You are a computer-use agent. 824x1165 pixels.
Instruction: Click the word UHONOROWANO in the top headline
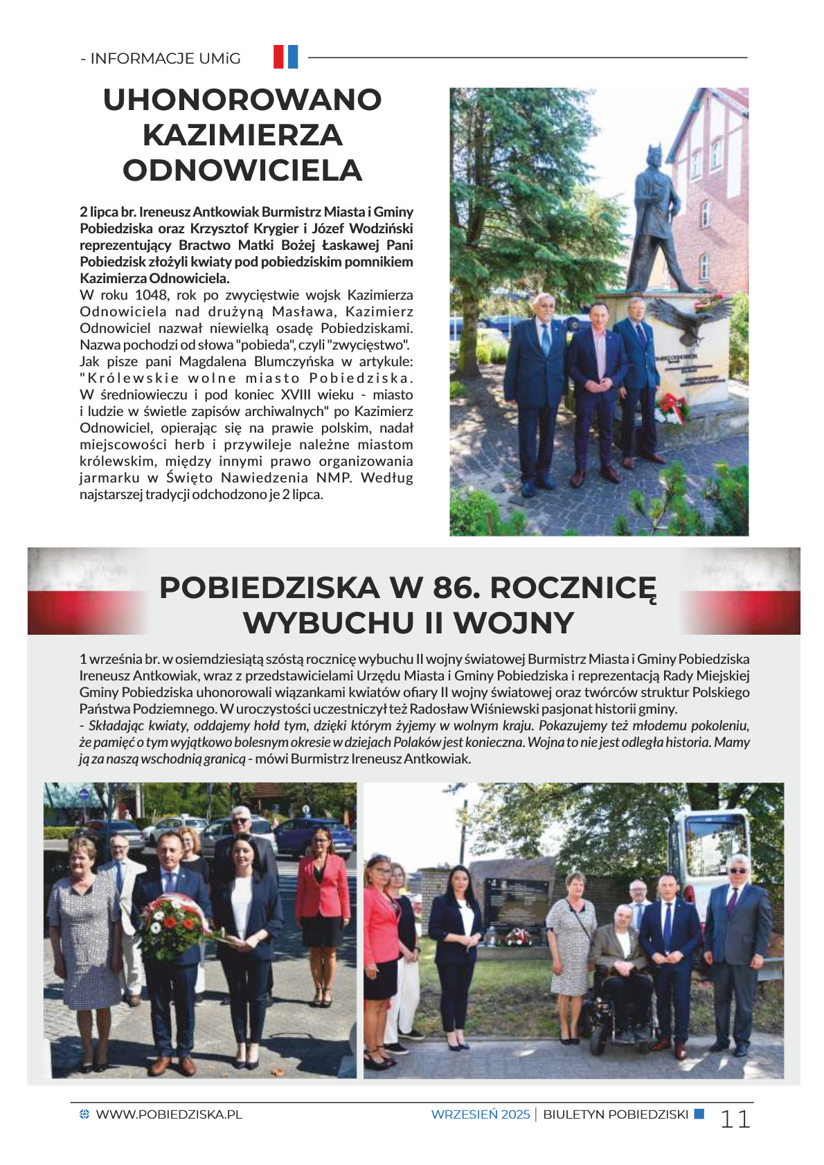(x=242, y=100)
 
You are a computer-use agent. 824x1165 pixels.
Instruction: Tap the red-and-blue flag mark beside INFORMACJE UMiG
(x=285, y=57)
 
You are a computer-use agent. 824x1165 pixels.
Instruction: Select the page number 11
(x=735, y=1119)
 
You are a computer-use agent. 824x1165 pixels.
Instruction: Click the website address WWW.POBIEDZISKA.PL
(x=169, y=1114)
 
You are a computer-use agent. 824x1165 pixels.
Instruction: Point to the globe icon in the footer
(x=84, y=1114)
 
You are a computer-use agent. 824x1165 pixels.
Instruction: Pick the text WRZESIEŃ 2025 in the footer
(x=480, y=1114)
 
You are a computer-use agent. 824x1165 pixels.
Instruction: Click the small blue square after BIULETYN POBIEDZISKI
(x=699, y=1114)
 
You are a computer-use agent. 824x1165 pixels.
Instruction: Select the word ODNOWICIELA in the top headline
(x=242, y=171)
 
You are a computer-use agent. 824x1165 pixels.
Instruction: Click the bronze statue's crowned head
(x=654, y=157)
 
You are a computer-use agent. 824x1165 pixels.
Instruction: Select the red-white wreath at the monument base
(x=670, y=408)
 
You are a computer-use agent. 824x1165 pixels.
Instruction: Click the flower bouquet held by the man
(x=173, y=926)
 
